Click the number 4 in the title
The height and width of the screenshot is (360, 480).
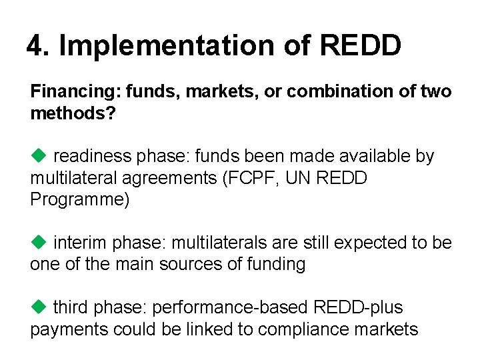(x=35, y=45)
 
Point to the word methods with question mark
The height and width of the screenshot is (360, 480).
(x=73, y=113)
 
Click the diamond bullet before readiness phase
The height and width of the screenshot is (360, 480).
(x=37, y=156)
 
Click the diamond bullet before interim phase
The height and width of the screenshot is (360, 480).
(x=37, y=242)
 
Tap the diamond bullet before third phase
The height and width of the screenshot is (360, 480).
(x=37, y=307)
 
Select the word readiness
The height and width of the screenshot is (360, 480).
(x=92, y=157)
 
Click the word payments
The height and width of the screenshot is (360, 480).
(x=69, y=329)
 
